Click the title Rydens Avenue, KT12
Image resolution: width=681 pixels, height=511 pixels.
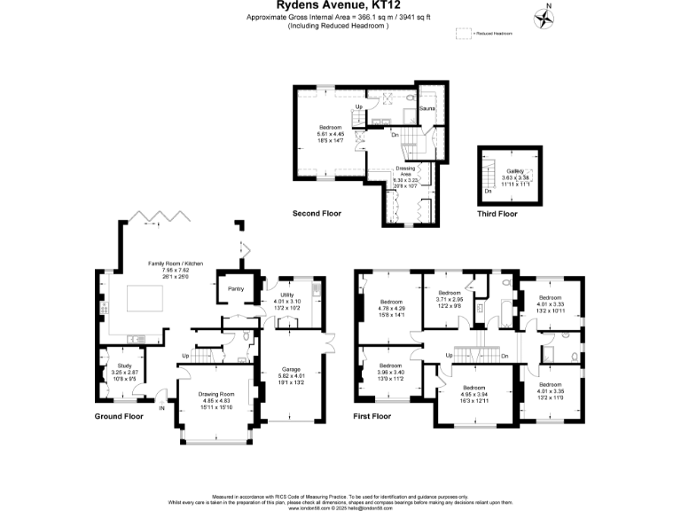pos(340,5)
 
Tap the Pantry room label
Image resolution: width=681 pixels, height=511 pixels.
pos(236,288)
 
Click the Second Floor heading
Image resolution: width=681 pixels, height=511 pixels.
pos(317,214)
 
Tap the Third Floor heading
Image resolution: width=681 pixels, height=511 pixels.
pos(497,214)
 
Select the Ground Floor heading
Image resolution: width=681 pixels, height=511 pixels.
pos(119,416)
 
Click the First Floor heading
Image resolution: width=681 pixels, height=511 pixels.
pos(372,416)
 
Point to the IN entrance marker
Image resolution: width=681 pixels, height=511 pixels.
pos(161,409)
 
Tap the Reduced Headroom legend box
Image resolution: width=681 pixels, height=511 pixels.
pos(464,33)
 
